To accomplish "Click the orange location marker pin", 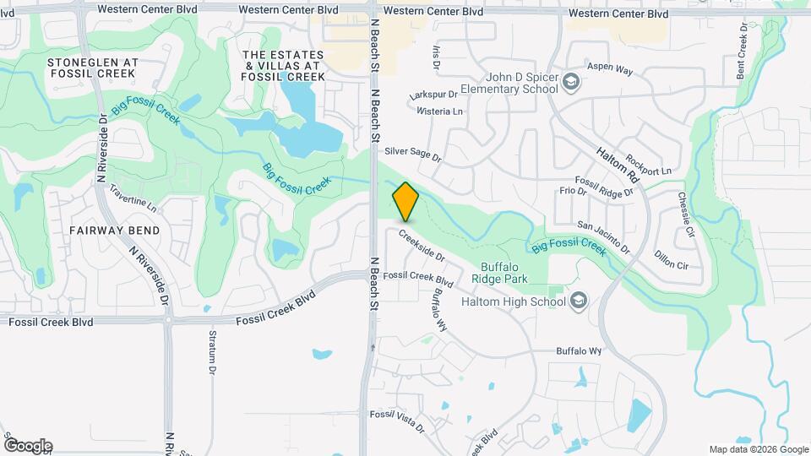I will pyautogui.click(x=405, y=202).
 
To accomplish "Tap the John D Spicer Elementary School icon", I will pyautogui.click(x=572, y=82).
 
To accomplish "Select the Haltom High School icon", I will pyautogui.click(x=579, y=301).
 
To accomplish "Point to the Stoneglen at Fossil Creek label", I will pyautogui.click(x=92, y=68).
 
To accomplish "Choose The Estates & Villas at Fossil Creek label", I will pyautogui.click(x=282, y=65).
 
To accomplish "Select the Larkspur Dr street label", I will pyautogui.click(x=433, y=95).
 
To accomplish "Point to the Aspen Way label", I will pyautogui.click(x=609, y=69).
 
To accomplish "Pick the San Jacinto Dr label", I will pyautogui.click(x=603, y=237).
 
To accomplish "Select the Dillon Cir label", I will pyautogui.click(x=672, y=259).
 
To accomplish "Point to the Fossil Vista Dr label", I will pyautogui.click(x=397, y=420).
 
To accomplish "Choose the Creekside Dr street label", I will pyautogui.click(x=422, y=245).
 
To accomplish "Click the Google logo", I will pyautogui.click(x=28, y=445).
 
